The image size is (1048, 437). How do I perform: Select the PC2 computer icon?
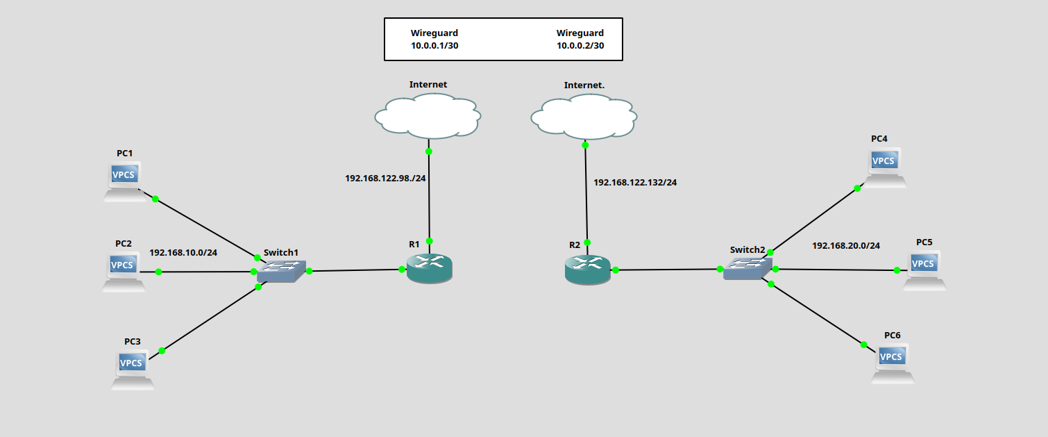pos(124,271)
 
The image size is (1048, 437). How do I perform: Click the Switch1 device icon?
pos(280,271)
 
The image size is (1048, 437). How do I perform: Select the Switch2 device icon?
pos(747,268)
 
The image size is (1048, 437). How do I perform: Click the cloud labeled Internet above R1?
pos(428,117)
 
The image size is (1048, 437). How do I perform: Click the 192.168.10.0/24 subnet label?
pos(183,252)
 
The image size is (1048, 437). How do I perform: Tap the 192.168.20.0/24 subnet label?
pos(845,245)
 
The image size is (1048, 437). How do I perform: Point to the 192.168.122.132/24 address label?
pos(635,183)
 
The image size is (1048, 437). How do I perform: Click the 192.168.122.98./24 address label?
pos(385,178)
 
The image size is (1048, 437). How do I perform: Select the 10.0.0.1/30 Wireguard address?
pos(434,46)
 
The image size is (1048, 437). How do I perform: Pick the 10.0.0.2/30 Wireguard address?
pos(580,46)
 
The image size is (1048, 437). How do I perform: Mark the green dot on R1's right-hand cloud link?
pos(430,241)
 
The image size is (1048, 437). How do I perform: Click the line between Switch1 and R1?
pos(355,270)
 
